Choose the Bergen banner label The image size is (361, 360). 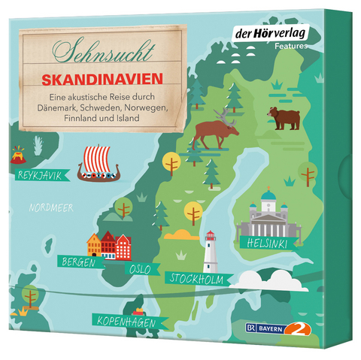tap(79, 262)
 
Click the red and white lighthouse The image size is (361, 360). tap(211, 251)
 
